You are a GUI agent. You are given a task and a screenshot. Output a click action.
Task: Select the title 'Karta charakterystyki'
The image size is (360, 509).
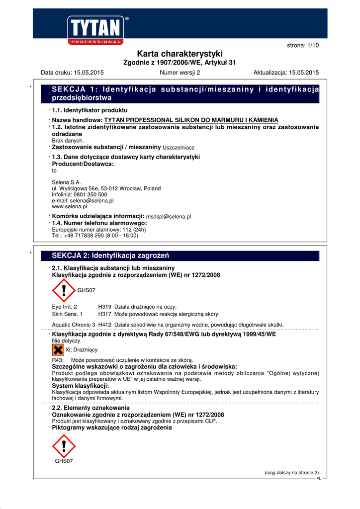coord(180,54)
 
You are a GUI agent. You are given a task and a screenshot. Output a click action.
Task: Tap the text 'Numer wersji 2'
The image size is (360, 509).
coord(180,73)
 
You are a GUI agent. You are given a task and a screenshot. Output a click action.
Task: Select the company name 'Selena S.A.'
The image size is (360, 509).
coord(66,182)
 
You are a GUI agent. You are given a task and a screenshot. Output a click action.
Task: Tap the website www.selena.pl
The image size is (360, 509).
coord(70,206)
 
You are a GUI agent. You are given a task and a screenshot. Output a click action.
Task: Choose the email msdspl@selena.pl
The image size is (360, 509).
coord(169,217)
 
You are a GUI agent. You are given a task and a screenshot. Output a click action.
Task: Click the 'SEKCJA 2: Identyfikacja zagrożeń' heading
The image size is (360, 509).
coord(111,255)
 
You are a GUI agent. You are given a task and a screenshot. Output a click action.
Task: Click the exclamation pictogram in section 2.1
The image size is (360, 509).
coord(63,290)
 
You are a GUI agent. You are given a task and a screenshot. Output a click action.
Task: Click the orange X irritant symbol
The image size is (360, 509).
coord(58,350)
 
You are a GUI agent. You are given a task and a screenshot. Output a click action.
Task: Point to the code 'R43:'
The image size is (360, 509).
coord(58,360)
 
